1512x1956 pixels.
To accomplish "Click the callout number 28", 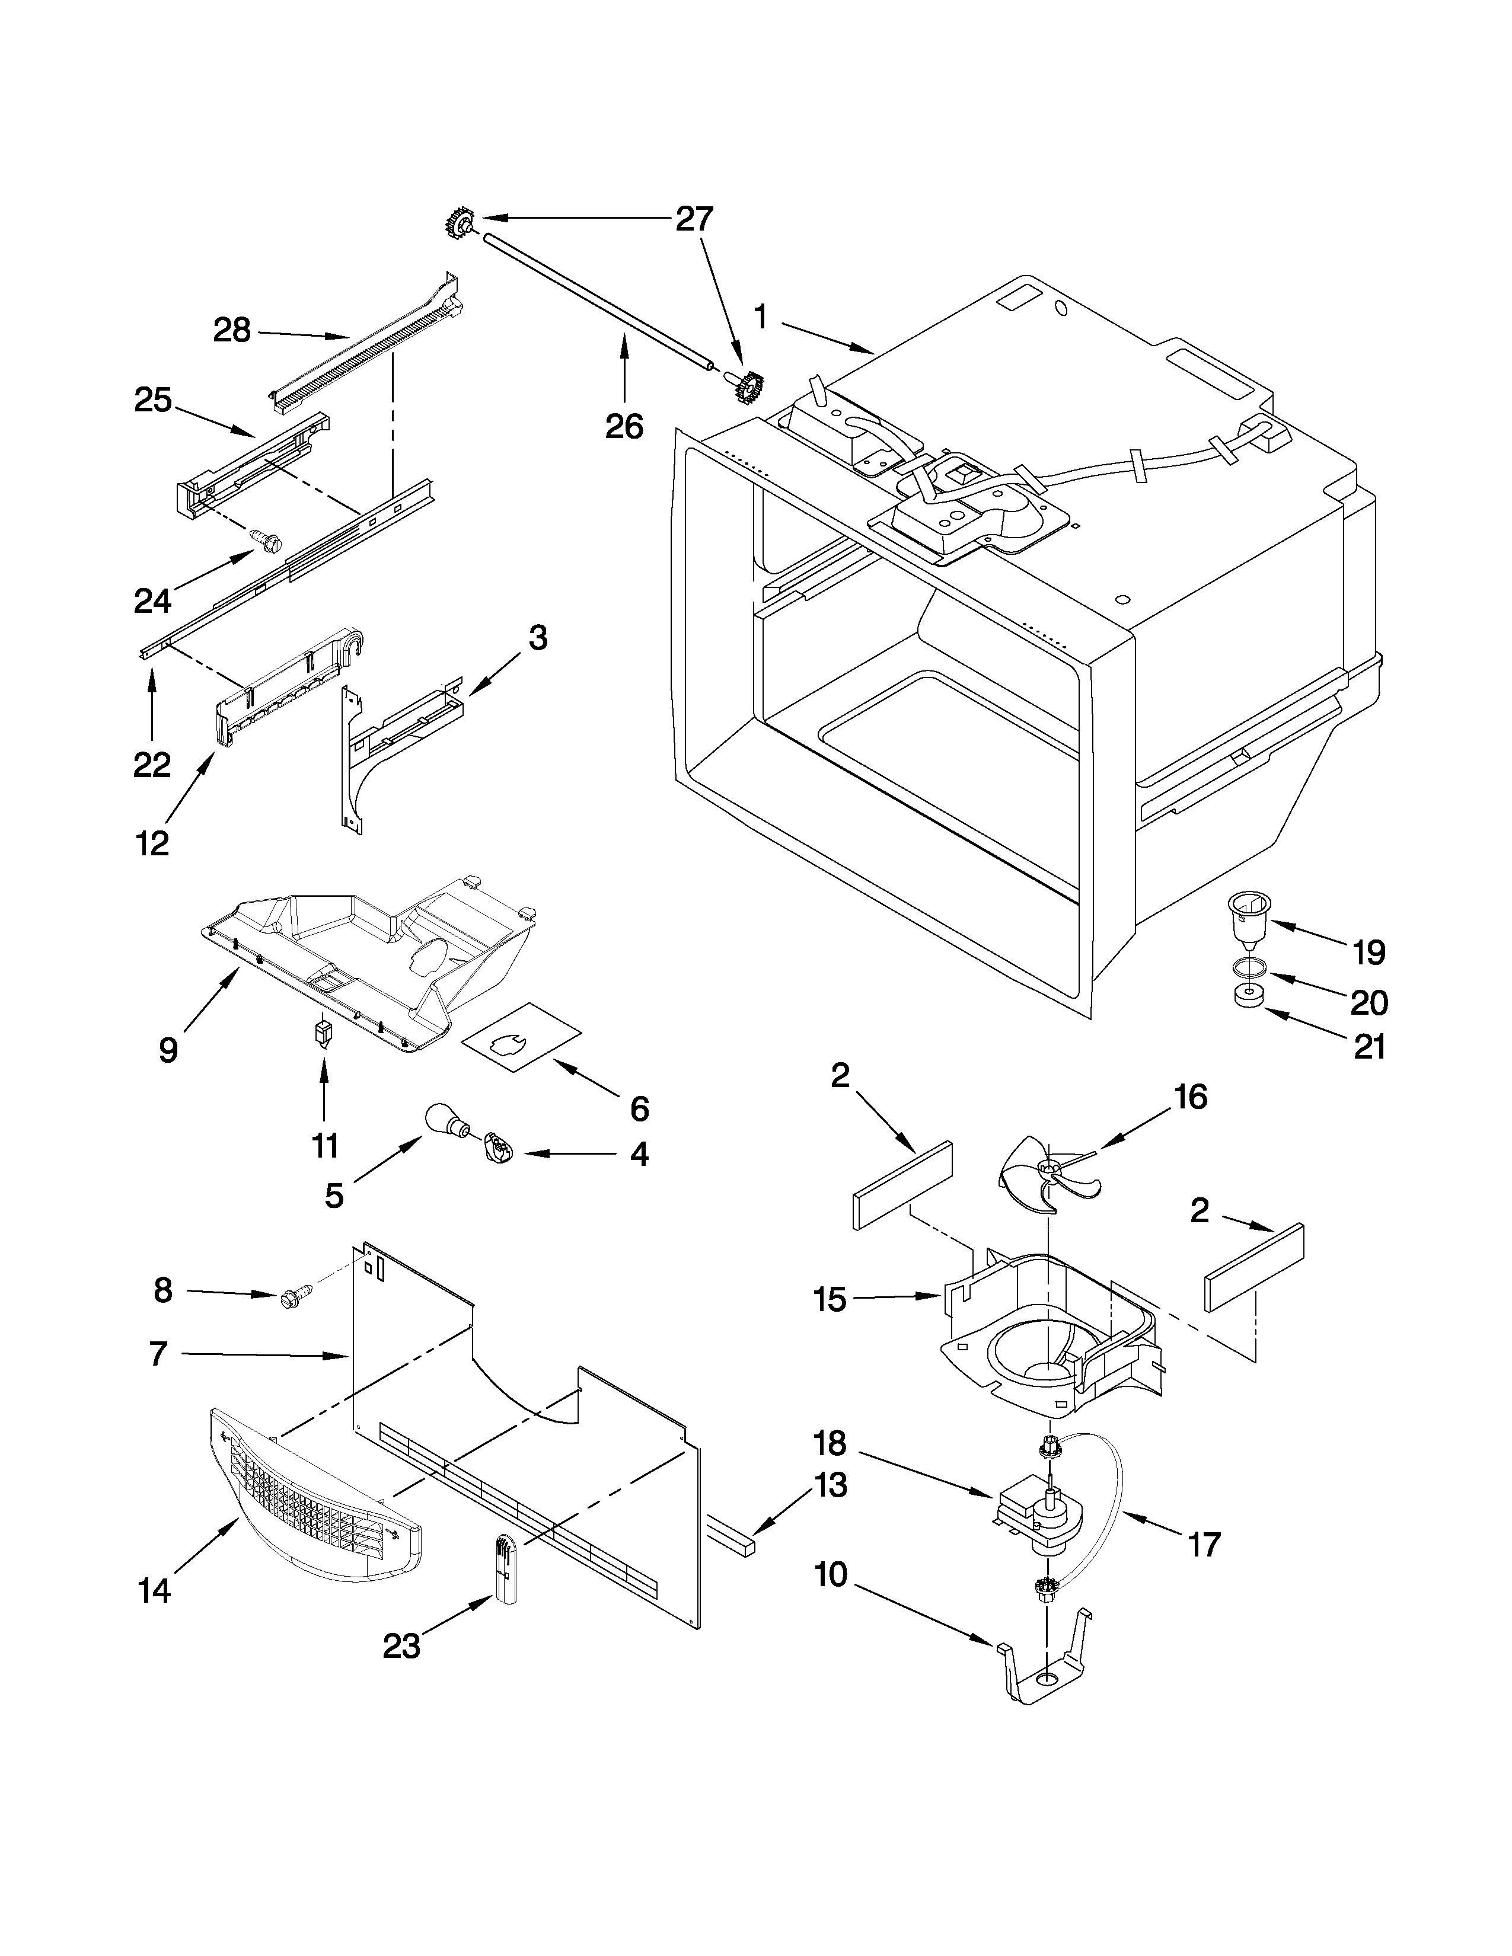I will coord(232,331).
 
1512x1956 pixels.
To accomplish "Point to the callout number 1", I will coord(761,318).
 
